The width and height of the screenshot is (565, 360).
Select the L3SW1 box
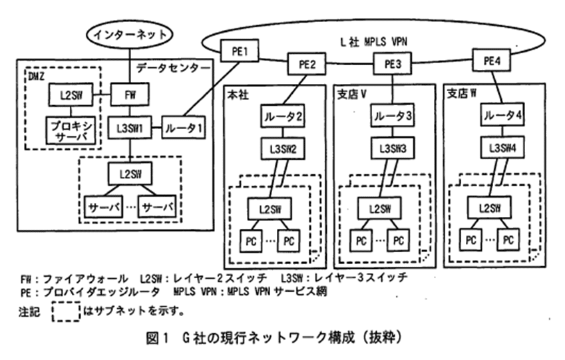coord(130,125)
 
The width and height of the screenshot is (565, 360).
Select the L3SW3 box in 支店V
coord(391,148)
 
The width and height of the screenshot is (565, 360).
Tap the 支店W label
coord(463,94)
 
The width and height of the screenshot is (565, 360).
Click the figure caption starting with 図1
coord(282,337)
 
